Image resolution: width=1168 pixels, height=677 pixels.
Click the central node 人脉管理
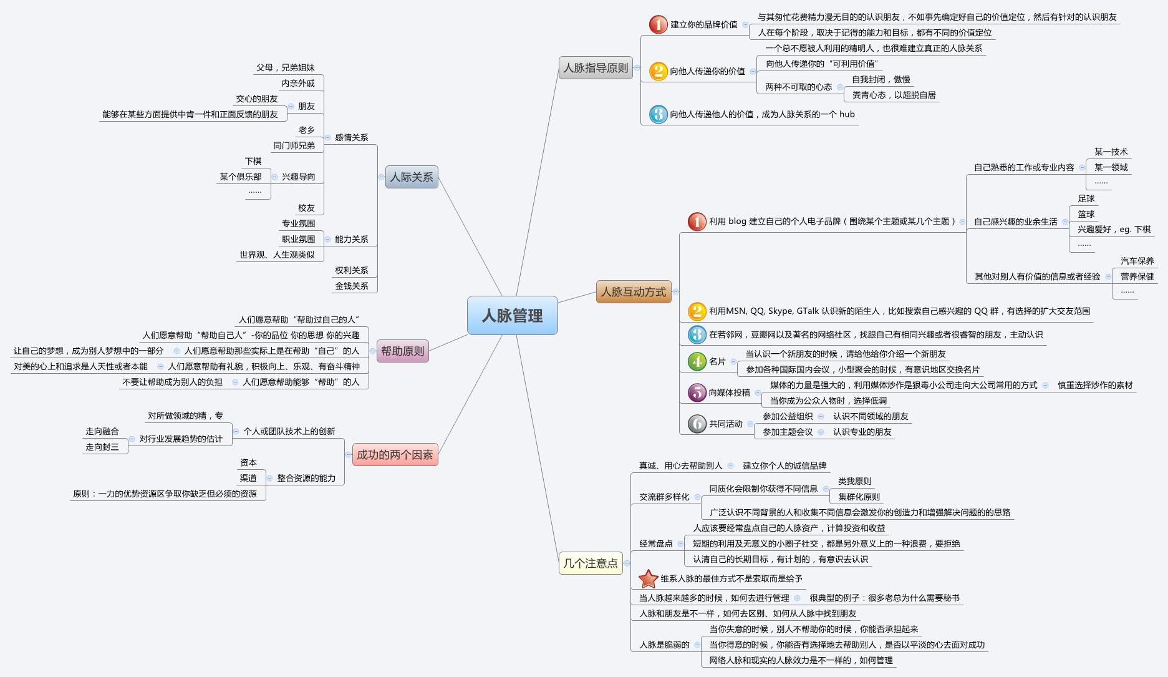click(x=512, y=316)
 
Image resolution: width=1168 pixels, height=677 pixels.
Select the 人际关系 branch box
click(x=411, y=177)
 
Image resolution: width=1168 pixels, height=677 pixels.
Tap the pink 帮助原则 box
click(x=402, y=351)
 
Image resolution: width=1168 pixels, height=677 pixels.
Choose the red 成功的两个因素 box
click(x=395, y=455)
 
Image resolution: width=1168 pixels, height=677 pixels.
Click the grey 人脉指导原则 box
click(x=596, y=68)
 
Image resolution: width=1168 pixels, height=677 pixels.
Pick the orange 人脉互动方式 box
click(x=633, y=292)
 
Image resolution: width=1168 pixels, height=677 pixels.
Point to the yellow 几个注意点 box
click(x=590, y=563)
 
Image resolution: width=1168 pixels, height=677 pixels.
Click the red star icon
click(x=649, y=579)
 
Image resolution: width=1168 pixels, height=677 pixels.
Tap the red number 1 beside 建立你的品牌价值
click(x=658, y=24)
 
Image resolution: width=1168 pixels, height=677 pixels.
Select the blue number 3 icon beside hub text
click(x=658, y=114)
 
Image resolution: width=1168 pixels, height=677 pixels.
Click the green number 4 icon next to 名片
click(x=697, y=361)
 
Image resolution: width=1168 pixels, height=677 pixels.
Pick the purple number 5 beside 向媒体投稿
click(x=697, y=392)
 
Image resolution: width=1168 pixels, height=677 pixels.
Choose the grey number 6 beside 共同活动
click(x=697, y=424)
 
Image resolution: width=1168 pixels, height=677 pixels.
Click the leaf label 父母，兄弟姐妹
click(x=286, y=67)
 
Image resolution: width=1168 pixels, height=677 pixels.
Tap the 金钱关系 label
click(x=352, y=286)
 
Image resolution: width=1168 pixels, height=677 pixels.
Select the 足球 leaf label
click(x=1086, y=198)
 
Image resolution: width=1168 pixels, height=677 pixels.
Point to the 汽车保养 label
click(x=1137, y=261)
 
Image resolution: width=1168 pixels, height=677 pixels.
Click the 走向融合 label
click(x=102, y=431)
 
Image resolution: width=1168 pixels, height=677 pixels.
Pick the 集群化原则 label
click(x=859, y=497)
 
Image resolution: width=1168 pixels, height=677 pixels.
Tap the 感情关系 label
click(x=352, y=137)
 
